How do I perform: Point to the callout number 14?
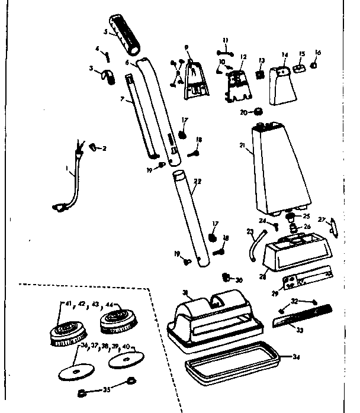coord(284,54)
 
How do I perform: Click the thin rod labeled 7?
coord(142,115)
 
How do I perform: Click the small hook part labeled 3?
coord(108,75)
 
